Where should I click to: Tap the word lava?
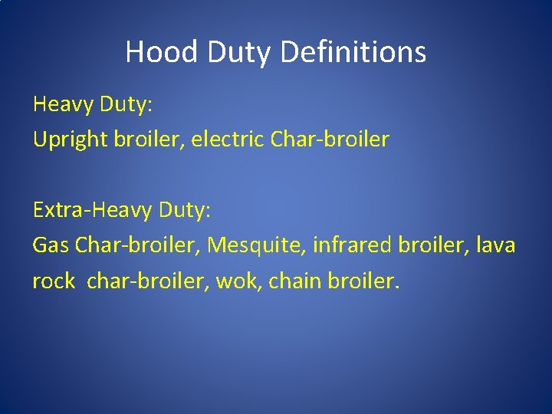(x=497, y=245)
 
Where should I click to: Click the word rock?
(x=53, y=281)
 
